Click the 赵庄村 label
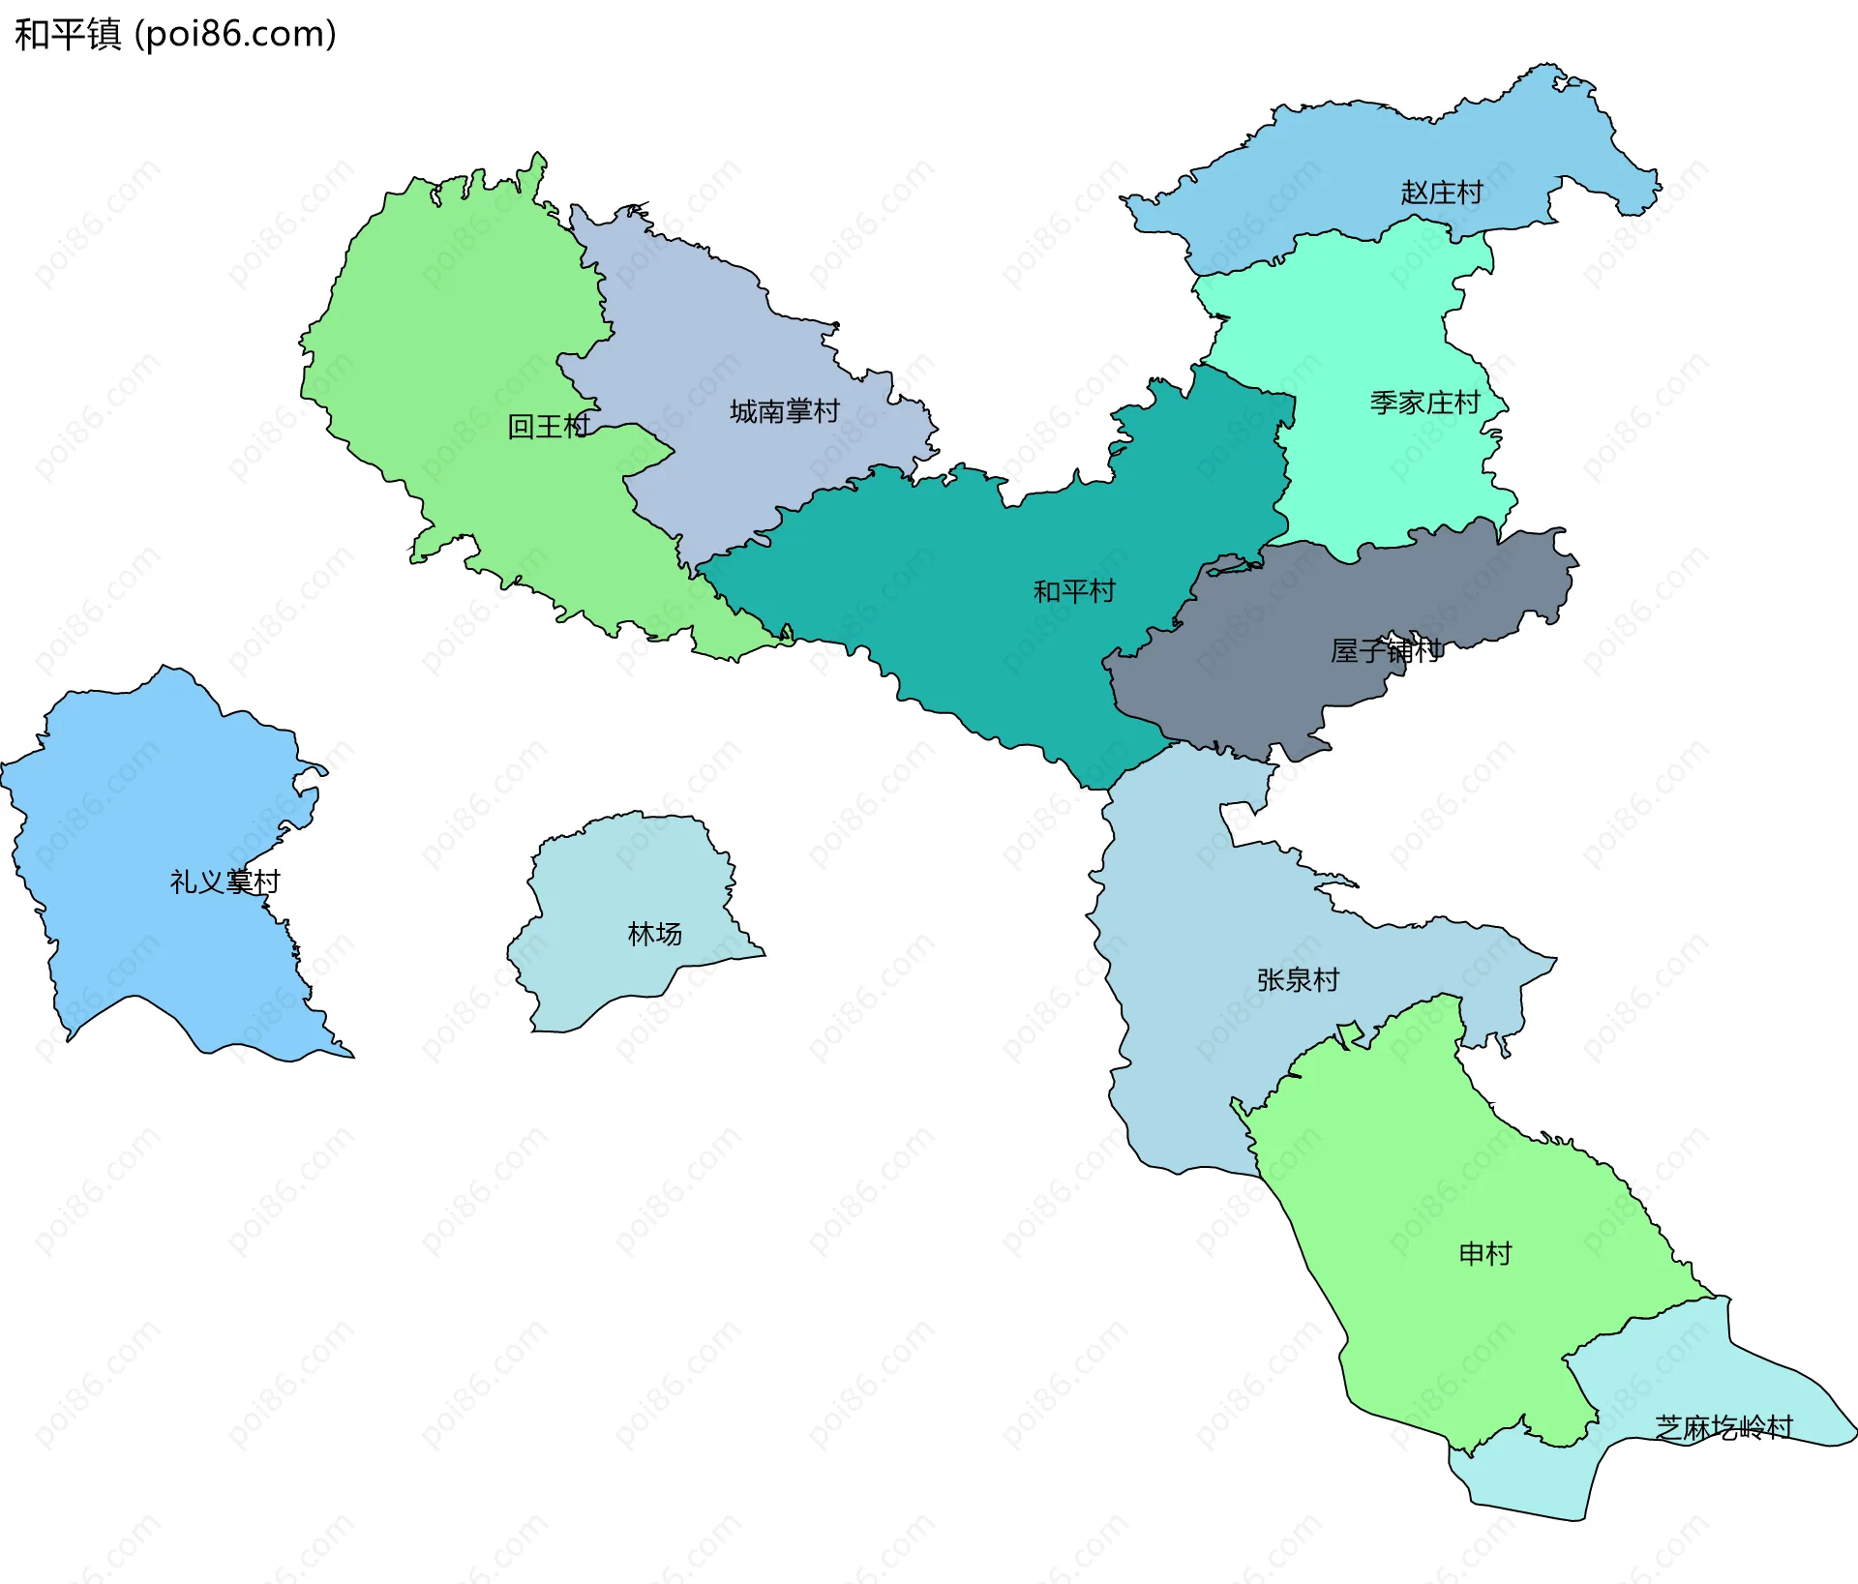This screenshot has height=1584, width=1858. pos(1441,193)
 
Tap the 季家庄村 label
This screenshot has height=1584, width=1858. pos(1424,403)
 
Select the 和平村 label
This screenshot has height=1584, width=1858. pos(1074,590)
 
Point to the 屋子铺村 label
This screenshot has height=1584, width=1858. pos(1386,650)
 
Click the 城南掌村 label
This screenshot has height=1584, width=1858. pos(784,411)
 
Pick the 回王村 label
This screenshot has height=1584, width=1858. pos(549,426)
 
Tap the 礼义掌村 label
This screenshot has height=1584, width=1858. pos(225,882)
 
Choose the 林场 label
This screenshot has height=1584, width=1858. pos(654,934)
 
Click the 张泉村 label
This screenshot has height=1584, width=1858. pos(1298,980)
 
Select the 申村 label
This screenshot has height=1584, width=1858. pos(1484,1254)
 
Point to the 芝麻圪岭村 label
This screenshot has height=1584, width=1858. pos(1723,1427)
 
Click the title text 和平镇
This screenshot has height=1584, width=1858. pos(68,35)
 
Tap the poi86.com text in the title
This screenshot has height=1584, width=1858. pos(236,35)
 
